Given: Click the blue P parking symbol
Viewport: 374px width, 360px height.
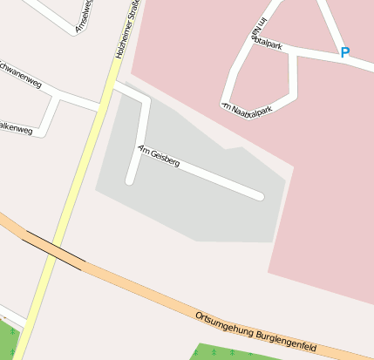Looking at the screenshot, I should (x=344, y=52).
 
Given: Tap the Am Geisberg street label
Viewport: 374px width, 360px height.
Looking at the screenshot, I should (x=159, y=157).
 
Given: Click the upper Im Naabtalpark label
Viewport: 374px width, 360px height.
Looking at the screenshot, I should (x=264, y=37).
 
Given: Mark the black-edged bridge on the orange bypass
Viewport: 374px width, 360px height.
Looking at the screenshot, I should (x=54, y=250).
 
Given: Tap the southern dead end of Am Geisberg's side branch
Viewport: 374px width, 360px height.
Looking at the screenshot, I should (x=130, y=181).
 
